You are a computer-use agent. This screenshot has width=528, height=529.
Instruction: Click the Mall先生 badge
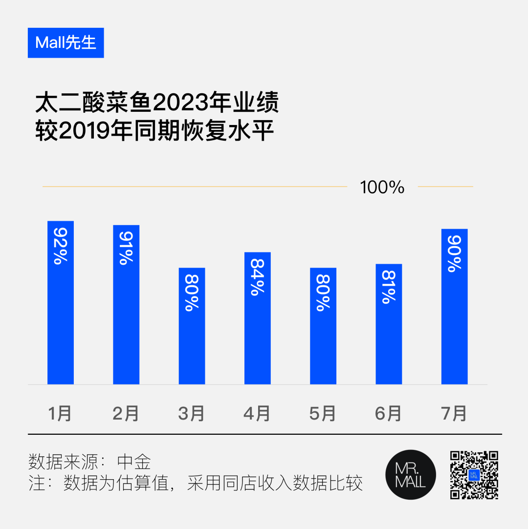pyautogui.click(x=66, y=43)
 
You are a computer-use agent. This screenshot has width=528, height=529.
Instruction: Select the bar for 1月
pyautogui.click(x=61, y=302)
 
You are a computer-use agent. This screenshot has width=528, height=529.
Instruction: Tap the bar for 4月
pyautogui.click(x=258, y=318)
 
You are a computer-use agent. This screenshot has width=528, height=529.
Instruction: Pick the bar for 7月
pyautogui.click(x=455, y=306)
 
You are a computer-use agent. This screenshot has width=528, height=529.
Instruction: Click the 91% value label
pyautogui.click(x=126, y=248)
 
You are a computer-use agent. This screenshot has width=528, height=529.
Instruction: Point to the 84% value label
pyautogui.click(x=258, y=276)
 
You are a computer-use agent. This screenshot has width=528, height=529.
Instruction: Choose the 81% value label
pyautogui.click(x=389, y=287)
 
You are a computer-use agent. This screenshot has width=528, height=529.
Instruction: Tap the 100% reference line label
pyautogui.click(x=382, y=187)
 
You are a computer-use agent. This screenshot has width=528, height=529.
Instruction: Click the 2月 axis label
pyautogui.click(x=126, y=413)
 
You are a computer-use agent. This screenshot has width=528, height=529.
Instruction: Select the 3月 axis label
pyautogui.click(x=191, y=413)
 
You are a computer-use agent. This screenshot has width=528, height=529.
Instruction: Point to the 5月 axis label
pyautogui.click(x=323, y=413)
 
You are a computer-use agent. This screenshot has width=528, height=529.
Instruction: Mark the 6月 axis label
pyautogui.click(x=388, y=413)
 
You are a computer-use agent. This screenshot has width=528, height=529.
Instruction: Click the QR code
pyautogui.click(x=474, y=475)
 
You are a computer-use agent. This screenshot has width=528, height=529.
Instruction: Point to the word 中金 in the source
pyautogui.click(x=134, y=462)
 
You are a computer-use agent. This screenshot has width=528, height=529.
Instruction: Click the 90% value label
pyautogui.click(x=455, y=254)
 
